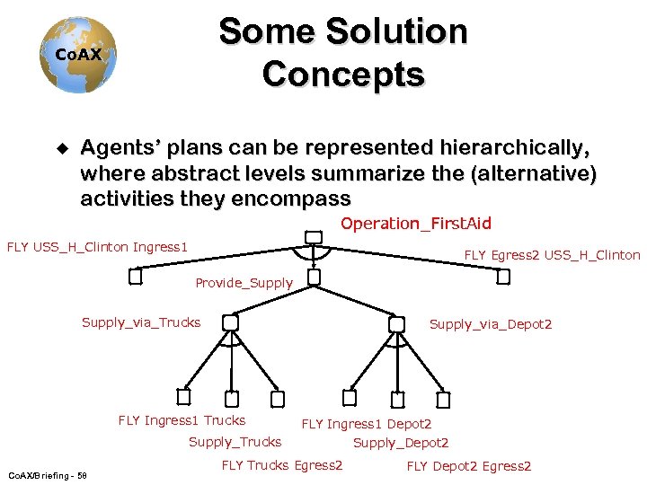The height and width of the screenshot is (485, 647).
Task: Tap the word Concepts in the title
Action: point(343,74)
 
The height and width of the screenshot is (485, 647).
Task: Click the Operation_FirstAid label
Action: point(415,224)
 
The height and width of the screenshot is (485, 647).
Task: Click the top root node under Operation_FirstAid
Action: point(313,237)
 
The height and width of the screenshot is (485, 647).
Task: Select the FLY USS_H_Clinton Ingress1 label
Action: point(97,246)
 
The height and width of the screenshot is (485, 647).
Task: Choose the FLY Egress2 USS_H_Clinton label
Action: point(552,255)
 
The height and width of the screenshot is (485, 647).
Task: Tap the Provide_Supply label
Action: point(244,283)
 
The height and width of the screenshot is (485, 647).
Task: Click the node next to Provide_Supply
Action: point(313,278)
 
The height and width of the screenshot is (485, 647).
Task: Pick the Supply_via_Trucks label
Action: point(141,322)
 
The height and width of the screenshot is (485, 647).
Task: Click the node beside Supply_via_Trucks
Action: point(231,322)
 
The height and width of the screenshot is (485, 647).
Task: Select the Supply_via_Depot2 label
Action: point(490,324)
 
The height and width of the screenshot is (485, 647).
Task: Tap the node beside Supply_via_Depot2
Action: point(396,323)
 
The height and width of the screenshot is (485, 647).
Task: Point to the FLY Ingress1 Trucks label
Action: point(182,420)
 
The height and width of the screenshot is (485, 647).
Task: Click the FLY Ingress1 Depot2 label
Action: point(367,424)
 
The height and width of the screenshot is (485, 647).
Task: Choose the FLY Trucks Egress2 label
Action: point(282,465)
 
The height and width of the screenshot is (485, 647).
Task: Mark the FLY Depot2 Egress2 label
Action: point(469,466)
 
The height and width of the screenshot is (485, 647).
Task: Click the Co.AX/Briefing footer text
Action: point(47,474)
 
